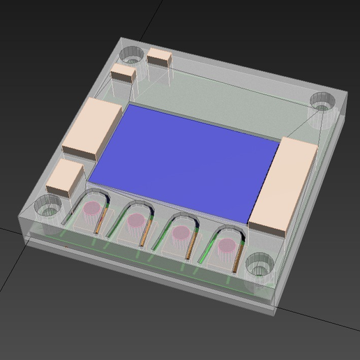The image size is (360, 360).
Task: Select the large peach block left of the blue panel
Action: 92,127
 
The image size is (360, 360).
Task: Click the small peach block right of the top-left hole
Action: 160,57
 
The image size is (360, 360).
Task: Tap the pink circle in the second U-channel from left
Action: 136,220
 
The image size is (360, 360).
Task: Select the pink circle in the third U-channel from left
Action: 181,232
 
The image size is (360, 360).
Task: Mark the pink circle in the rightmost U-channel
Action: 227,245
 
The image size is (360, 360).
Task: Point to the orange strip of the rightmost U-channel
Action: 239,258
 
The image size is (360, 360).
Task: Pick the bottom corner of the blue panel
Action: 248,222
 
